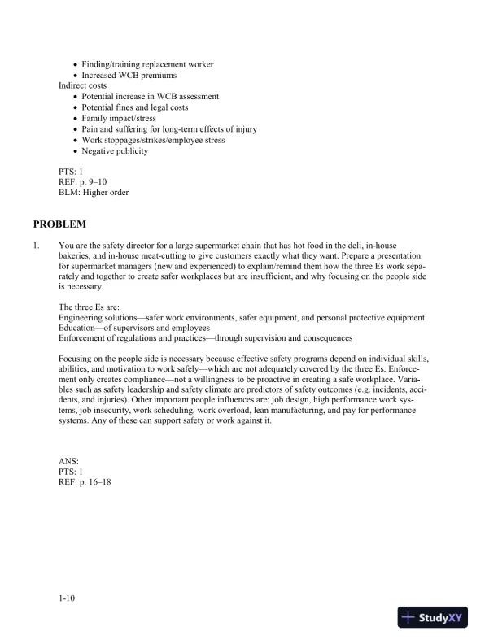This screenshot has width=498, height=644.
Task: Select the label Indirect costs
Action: (82, 85)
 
